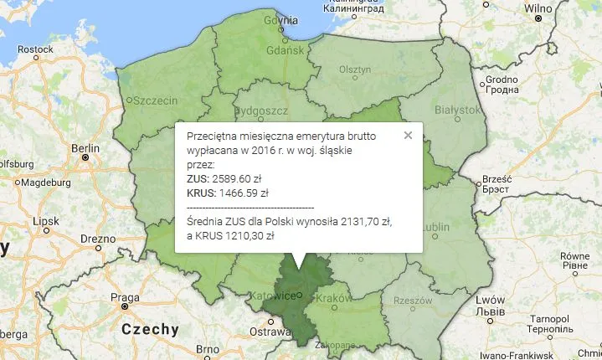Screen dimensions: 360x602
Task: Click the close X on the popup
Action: pyautogui.click(x=408, y=134)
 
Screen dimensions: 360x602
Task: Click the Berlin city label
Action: pyautogui.click(x=85, y=149)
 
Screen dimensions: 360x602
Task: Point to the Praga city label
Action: pyautogui.click(x=125, y=298)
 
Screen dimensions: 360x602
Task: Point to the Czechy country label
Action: pyautogui.click(x=150, y=329)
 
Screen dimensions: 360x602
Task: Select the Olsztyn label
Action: pyautogui.click(x=354, y=70)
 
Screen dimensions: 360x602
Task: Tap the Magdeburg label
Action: pyautogui.click(x=48, y=183)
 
